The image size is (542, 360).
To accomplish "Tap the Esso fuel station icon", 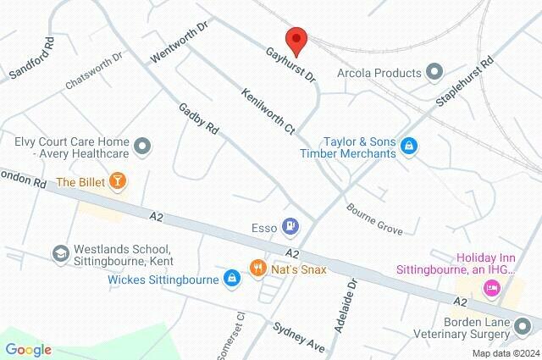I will pos(291,226).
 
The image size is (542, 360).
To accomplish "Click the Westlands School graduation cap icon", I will pos(60,253).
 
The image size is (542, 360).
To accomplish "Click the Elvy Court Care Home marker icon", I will pos(142,147).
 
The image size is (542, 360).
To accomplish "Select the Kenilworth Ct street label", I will pos(268,112).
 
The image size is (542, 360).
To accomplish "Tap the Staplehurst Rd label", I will pos(464,82).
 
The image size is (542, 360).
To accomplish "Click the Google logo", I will pos(28,349).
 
